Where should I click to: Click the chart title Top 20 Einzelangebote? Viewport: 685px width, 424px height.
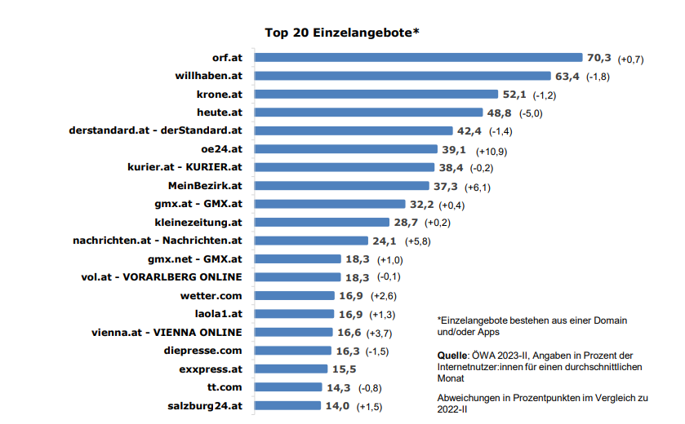coord(342,33)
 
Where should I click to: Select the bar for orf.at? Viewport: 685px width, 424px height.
coord(417,58)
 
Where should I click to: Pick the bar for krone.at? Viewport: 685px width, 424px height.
coord(376,95)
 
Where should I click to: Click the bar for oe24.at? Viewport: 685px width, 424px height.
coord(345,149)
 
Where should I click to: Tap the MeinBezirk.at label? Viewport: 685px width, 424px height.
coord(205,186)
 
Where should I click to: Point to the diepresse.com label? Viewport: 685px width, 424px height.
coord(203,351)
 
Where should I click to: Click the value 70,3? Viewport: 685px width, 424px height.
coord(598,58)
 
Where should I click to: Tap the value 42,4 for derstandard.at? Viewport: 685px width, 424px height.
coord(469,130)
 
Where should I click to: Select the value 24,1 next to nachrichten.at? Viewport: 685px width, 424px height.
coord(384,241)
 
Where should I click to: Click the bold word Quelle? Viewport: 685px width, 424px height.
coord(452,356)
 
